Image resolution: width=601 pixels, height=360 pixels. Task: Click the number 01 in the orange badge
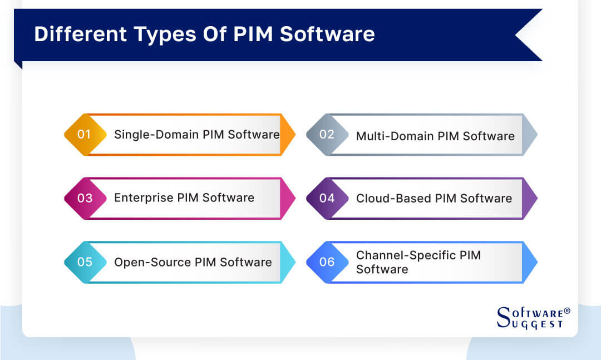pos(84,134)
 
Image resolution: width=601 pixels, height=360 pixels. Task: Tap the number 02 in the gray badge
pos(327,134)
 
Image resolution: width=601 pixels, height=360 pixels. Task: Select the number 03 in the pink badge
pos(85,198)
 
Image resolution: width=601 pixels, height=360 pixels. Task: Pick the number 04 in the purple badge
pos(327,198)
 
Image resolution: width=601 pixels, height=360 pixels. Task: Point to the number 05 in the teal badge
pos(85,262)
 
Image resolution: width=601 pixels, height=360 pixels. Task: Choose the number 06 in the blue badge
pos(327,262)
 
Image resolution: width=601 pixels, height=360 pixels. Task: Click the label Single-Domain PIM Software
pos(196,134)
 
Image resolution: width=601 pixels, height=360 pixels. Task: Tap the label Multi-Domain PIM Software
pos(435,136)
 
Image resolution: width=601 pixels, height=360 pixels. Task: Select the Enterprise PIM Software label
pos(184,198)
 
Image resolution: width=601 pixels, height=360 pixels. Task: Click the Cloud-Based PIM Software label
pos(434,198)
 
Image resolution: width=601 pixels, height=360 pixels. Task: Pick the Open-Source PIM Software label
pos(193,262)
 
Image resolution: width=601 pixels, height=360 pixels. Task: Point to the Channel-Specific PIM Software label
pos(418,262)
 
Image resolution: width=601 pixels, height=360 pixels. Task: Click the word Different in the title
pos(80,34)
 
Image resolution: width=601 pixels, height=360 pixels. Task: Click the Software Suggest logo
pos(532,318)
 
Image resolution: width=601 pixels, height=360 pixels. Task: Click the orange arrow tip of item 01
pos(288,134)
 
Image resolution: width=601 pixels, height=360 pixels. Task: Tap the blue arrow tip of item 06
pos(531,262)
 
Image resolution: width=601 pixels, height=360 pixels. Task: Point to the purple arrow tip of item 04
pos(531,198)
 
